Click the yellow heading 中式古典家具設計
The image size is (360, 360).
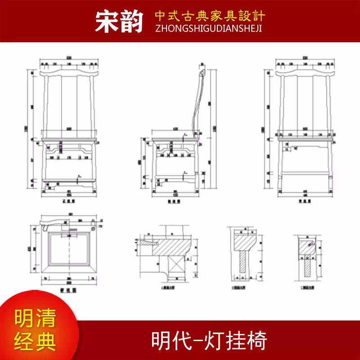210,16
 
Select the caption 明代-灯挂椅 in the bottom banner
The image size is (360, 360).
209,341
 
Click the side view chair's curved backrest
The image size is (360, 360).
197,103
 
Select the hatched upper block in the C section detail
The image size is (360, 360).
307,246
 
